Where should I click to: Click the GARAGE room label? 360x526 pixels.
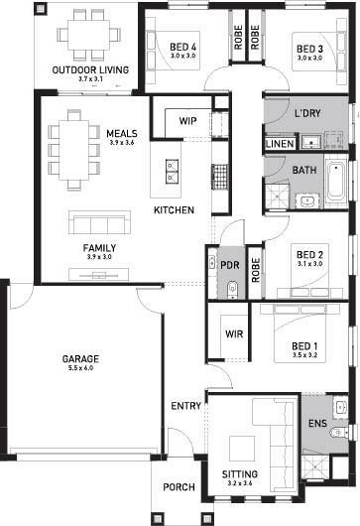click(x=80, y=359)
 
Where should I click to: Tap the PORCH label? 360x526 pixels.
click(x=179, y=487)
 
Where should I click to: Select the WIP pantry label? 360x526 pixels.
click(x=187, y=121)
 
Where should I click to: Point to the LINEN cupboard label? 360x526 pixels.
click(x=280, y=144)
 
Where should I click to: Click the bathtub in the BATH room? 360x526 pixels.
click(x=335, y=182)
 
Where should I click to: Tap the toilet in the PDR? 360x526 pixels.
click(x=232, y=290)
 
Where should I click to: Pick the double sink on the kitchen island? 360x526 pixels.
click(x=172, y=172)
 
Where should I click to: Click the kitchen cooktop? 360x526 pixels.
click(x=220, y=177)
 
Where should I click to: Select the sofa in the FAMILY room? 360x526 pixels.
click(x=99, y=222)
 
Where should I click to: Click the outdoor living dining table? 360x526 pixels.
click(x=89, y=35)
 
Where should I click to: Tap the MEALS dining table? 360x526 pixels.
click(x=74, y=150)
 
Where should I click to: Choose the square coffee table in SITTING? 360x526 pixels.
click(x=242, y=449)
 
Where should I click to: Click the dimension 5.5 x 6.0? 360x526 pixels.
click(x=80, y=368)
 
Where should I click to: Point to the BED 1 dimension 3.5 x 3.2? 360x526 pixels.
click(x=304, y=355)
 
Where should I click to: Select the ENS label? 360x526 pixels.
click(x=317, y=424)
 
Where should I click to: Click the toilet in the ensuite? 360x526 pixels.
click(x=338, y=433)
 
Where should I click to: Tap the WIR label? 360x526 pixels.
click(x=234, y=334)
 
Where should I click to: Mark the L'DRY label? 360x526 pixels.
click(x=307, y=113)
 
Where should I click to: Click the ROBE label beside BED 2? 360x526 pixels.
click(x=256, y=270)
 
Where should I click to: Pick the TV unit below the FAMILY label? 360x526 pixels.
click(x=99, y=275)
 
